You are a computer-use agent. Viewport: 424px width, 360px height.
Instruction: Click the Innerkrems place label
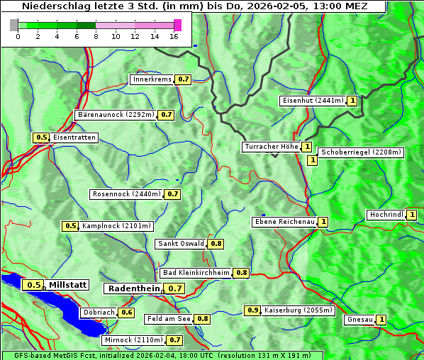(x=152, y=79)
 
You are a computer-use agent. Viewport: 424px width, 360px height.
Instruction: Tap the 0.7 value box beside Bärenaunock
(x=167, y=114)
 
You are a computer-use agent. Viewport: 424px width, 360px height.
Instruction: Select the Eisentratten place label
(x=74, y=137)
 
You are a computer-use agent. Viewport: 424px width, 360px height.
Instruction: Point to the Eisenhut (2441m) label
(x=313, y=101)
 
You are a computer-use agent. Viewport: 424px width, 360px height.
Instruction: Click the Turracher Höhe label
(x=271, y=147)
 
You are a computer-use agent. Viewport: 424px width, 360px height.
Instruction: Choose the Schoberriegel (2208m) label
(x=361, y=152)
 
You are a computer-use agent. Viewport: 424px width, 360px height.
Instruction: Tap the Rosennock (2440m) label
(x=126, y=193)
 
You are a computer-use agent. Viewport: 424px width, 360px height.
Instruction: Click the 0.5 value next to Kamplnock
(x=70, y=226)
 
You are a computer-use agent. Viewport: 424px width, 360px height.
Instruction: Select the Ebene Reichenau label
(x=284, y=222)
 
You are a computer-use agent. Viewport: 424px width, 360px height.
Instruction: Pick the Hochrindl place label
(x=386, y=215)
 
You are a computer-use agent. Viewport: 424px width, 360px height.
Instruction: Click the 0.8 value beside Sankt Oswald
(x=216, y=244)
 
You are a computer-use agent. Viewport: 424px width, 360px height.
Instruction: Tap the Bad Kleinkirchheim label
(x=196, y=273)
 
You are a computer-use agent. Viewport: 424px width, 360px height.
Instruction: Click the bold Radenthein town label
(x=133, y=288)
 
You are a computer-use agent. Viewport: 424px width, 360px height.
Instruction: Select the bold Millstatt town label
(x=68, y=285)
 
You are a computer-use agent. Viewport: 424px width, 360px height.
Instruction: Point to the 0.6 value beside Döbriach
(x=127, y=312)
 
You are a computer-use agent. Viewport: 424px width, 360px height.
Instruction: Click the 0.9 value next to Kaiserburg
(x=252, y=310)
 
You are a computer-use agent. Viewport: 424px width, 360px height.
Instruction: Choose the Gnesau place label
(x=359, y=320)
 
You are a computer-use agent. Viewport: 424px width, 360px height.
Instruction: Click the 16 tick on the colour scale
(x=174, y=36)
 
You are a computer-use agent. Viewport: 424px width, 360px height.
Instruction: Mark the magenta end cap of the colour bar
(x=177, y=25)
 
